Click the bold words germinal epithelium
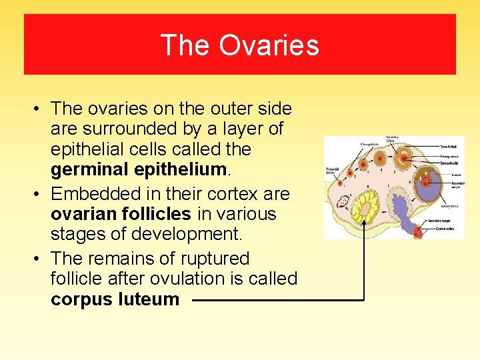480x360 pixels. click(x=140, y=170)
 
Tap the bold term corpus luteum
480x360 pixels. click(x=115, y=299)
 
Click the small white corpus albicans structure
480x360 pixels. click(x=345, y=199)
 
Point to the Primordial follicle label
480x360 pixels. click(x=333, y=171)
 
